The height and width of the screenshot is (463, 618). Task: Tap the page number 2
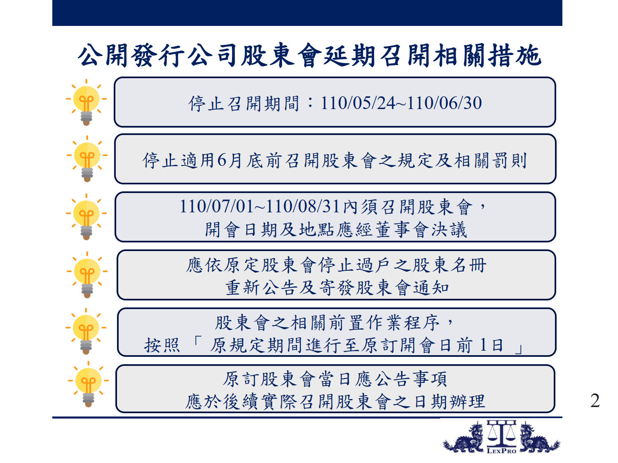pos(595,400)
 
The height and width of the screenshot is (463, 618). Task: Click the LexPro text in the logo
pos(501,451)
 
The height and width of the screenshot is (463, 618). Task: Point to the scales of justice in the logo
pos(501,433)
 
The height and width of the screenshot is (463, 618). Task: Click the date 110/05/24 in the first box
pos(358,103)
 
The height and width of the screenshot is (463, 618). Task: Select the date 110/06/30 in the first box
pos(444,103)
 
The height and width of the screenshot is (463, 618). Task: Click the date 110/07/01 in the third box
pos(217,207)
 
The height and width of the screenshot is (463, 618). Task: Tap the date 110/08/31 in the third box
pos(303,207)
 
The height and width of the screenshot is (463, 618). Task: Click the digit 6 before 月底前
pos(222,160)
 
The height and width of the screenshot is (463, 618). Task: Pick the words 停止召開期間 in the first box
pos(243,103)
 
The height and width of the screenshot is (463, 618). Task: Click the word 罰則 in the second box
pos(510,161)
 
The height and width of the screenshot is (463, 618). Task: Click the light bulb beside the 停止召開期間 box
pos(87,102)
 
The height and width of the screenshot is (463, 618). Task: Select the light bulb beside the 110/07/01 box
pos(87,217)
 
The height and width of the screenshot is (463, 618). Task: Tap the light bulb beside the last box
pos(89,384)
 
